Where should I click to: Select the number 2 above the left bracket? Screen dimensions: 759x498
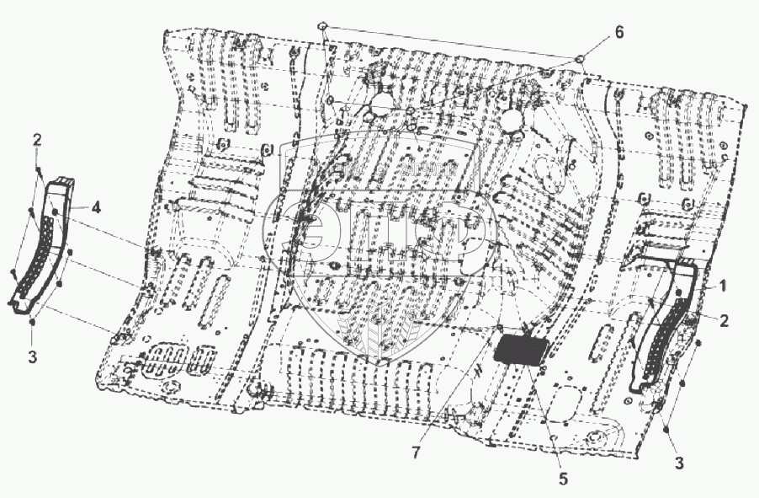pyautogui.click(x=38, y=140)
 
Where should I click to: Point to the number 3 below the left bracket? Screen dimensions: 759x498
pyautogui.click(x=32, y=357)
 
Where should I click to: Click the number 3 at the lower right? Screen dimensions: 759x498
pyautogui.click(x=678, y=461)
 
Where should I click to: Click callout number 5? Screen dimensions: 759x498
pyautogui.click(x=563, y=478)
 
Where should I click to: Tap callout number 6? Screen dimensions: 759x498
pyautogui.click(x=618, y=32)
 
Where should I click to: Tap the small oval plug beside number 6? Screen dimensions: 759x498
pyautogui.click(x=581, y=58)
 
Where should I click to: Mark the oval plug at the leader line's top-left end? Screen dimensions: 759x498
pyautogui.click(x=322, y=27)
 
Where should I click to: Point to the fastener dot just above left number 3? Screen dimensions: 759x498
pyautogui.click(x=32, y=321)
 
